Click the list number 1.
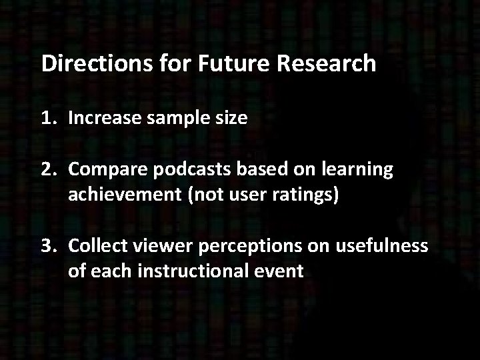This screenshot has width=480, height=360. coord(45,119)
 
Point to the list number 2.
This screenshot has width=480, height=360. coord(45,170)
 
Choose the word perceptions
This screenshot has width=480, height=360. coord(241,247)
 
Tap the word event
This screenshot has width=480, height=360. coord(280,271)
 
